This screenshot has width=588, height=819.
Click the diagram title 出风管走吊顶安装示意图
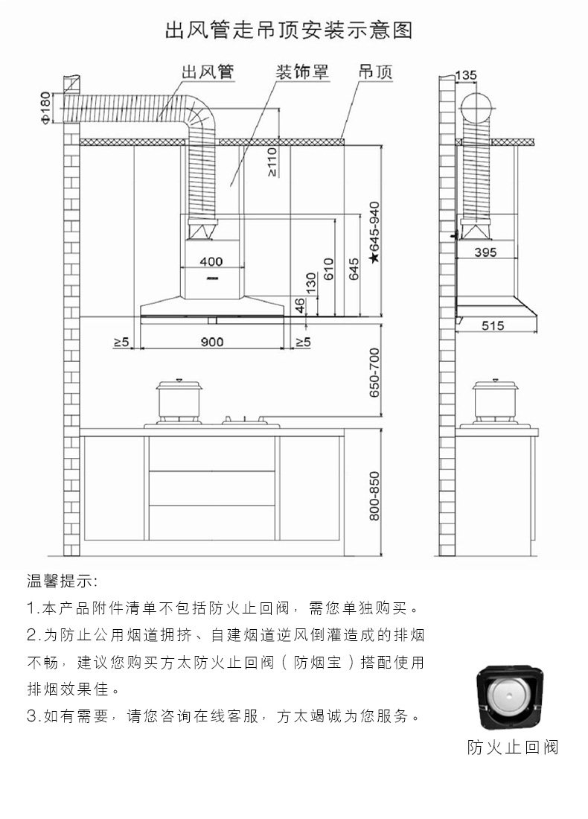288,31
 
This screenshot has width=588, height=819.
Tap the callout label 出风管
208,72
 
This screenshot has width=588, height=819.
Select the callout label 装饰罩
302,72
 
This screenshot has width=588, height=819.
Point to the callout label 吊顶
375,72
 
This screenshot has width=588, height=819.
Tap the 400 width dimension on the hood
211,261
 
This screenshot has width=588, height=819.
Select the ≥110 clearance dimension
273,161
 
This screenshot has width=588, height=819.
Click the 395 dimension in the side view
485,252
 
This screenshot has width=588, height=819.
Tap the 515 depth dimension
493,325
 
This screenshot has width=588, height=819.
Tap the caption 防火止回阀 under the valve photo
512,747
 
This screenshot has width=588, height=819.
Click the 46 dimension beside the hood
300,305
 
